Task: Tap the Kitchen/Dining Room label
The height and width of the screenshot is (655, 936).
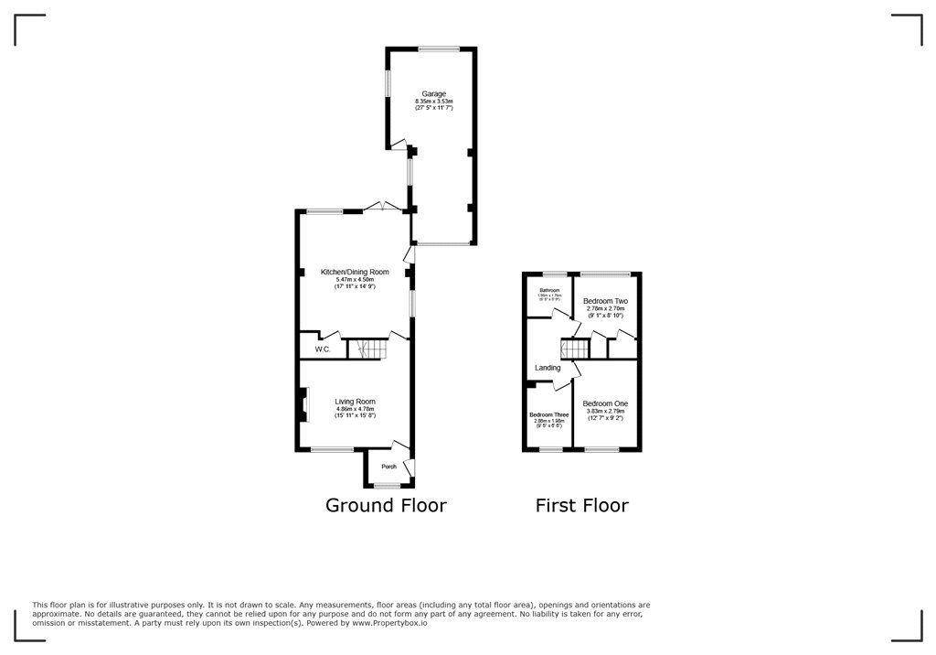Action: [355, 272]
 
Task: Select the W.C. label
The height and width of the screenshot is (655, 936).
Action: [323, 349]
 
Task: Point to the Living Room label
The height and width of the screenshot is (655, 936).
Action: [355, 402]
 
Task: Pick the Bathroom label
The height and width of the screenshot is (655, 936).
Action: [549, 291]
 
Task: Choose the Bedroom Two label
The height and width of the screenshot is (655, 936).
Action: [606, 301]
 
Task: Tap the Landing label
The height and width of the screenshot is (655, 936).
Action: [548, 368]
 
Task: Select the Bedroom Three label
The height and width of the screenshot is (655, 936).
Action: [548, 414]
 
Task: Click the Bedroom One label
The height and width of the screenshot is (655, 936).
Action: [605, 403]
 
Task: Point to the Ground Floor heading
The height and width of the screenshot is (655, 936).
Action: [387, 505]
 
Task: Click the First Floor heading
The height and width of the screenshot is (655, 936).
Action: [581, 505]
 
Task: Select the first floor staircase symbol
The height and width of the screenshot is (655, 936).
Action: [572, 349]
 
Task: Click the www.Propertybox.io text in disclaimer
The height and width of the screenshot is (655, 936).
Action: [389, 624]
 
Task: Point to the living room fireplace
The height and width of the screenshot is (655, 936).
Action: [302, 404]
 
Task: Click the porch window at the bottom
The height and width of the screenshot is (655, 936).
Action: [388, 486]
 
